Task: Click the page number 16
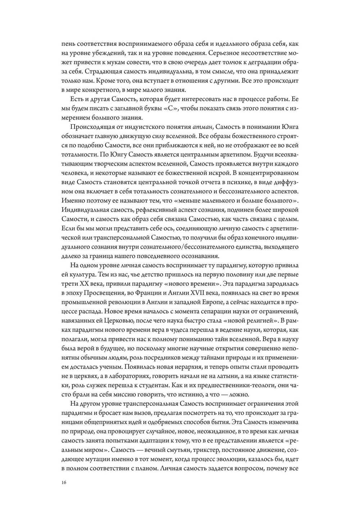[x=64, y=483]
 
